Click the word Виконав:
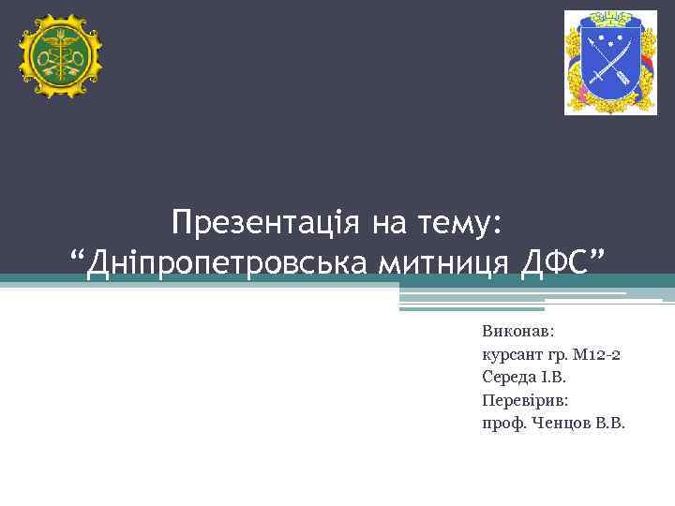[x=518, y=331]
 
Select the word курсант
[x=510, y=354]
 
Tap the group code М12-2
[x=600, y=354]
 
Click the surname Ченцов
[x=559, y=423]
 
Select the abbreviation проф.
[x=502, y=424]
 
